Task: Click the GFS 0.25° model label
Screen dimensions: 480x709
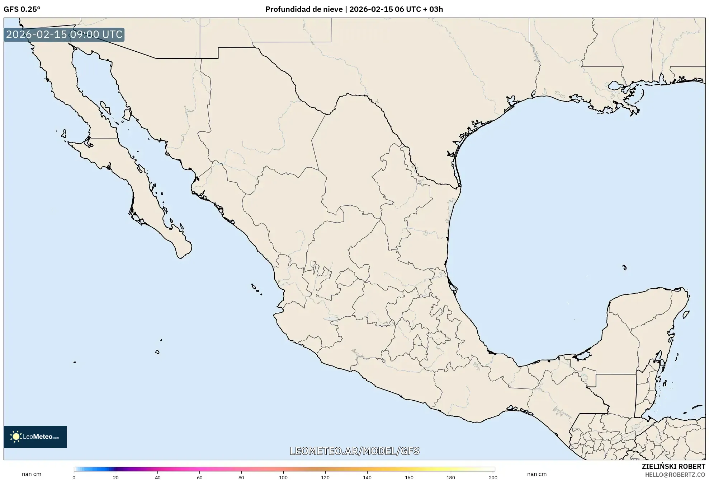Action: [22, 9]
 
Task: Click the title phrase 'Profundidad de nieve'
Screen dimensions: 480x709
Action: [304, 9]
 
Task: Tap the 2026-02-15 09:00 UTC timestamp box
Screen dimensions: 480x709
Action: [64, 34]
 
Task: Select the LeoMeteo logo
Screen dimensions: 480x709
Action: [35, 437]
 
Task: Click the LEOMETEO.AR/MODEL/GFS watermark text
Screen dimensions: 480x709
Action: [354, 451]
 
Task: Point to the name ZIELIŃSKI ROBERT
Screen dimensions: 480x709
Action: [673, 466]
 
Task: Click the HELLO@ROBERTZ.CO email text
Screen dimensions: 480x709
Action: [675, 475]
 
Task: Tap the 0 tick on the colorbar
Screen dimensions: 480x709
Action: [74, 477]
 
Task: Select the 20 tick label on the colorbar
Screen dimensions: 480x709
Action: [115, 477]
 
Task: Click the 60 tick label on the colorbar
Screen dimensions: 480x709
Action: [199, 477]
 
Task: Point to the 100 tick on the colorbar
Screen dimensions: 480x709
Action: [283, 477]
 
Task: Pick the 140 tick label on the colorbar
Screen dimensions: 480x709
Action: [367, 477]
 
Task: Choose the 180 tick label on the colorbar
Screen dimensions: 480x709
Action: [451, 477]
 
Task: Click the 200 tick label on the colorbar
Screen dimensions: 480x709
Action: [493, 477]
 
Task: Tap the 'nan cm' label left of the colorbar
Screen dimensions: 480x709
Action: [32, 474]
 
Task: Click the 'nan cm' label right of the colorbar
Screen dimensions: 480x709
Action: [537, 474]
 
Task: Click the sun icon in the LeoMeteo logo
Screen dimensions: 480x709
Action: [16, 437]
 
